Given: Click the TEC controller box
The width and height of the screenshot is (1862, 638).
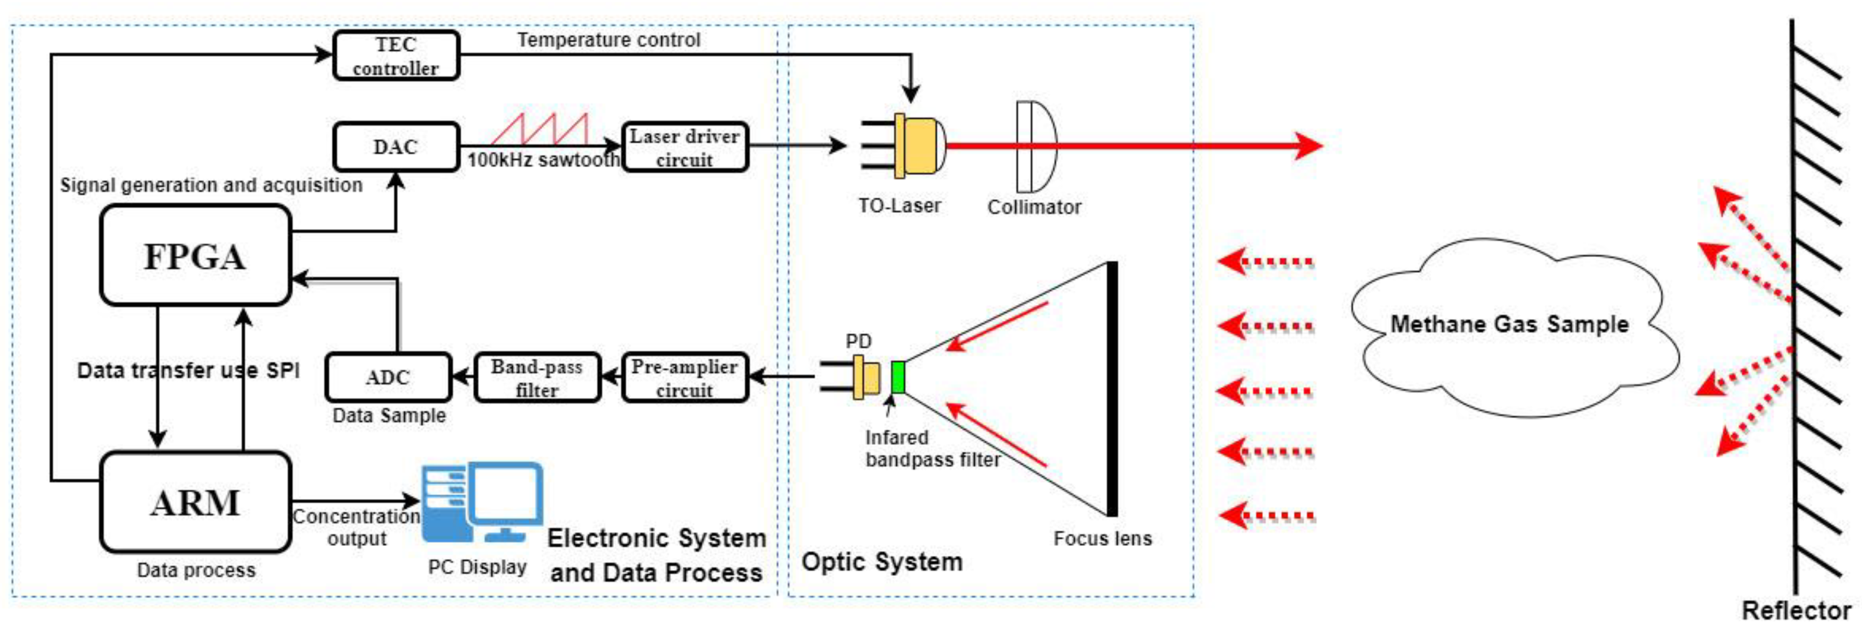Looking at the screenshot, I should [396, 55].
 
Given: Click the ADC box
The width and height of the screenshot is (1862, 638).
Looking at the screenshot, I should [388, 377].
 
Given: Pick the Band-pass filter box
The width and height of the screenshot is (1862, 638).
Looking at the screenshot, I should [537, 377].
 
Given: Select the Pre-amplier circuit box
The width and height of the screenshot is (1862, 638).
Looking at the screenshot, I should [684, 377].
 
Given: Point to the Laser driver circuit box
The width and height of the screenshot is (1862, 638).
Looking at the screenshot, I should [684, 147].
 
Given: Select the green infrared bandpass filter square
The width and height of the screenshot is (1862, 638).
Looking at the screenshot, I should [898, 377].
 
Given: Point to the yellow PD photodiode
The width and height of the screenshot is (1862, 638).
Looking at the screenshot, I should [866, 377].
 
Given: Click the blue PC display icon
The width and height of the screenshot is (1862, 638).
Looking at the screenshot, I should [482, 503].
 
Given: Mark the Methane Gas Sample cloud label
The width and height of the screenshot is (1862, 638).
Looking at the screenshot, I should [1509, 325].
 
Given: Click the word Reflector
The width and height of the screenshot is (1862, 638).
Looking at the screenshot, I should [1795, 610].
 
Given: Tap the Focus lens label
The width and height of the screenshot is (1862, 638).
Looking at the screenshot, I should [1102, 538].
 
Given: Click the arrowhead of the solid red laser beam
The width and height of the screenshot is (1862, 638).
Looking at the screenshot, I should [1308, 145].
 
